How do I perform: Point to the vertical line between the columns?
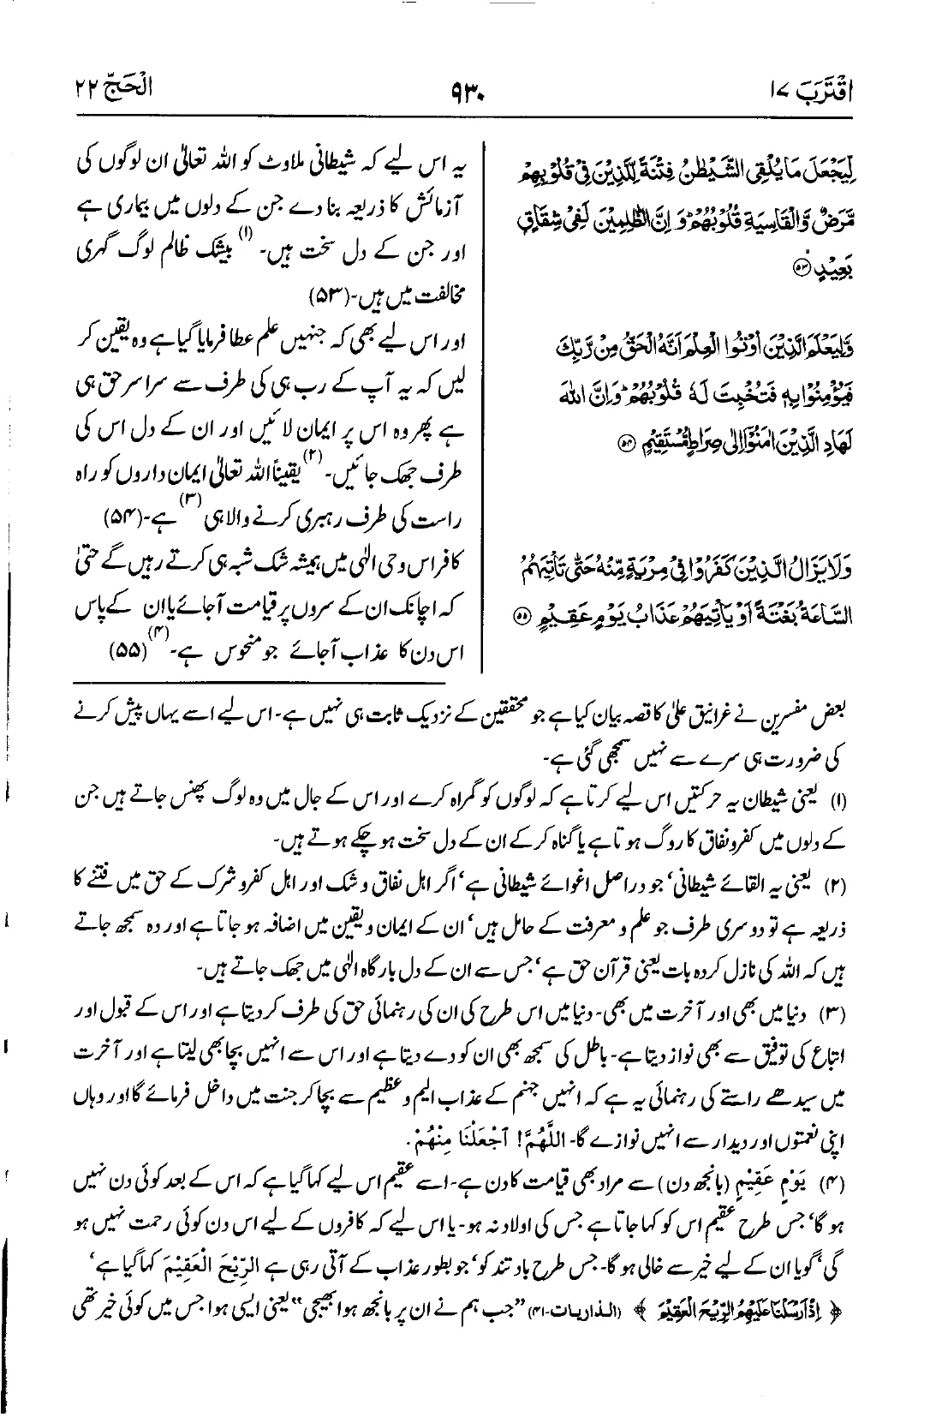[481, 386]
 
